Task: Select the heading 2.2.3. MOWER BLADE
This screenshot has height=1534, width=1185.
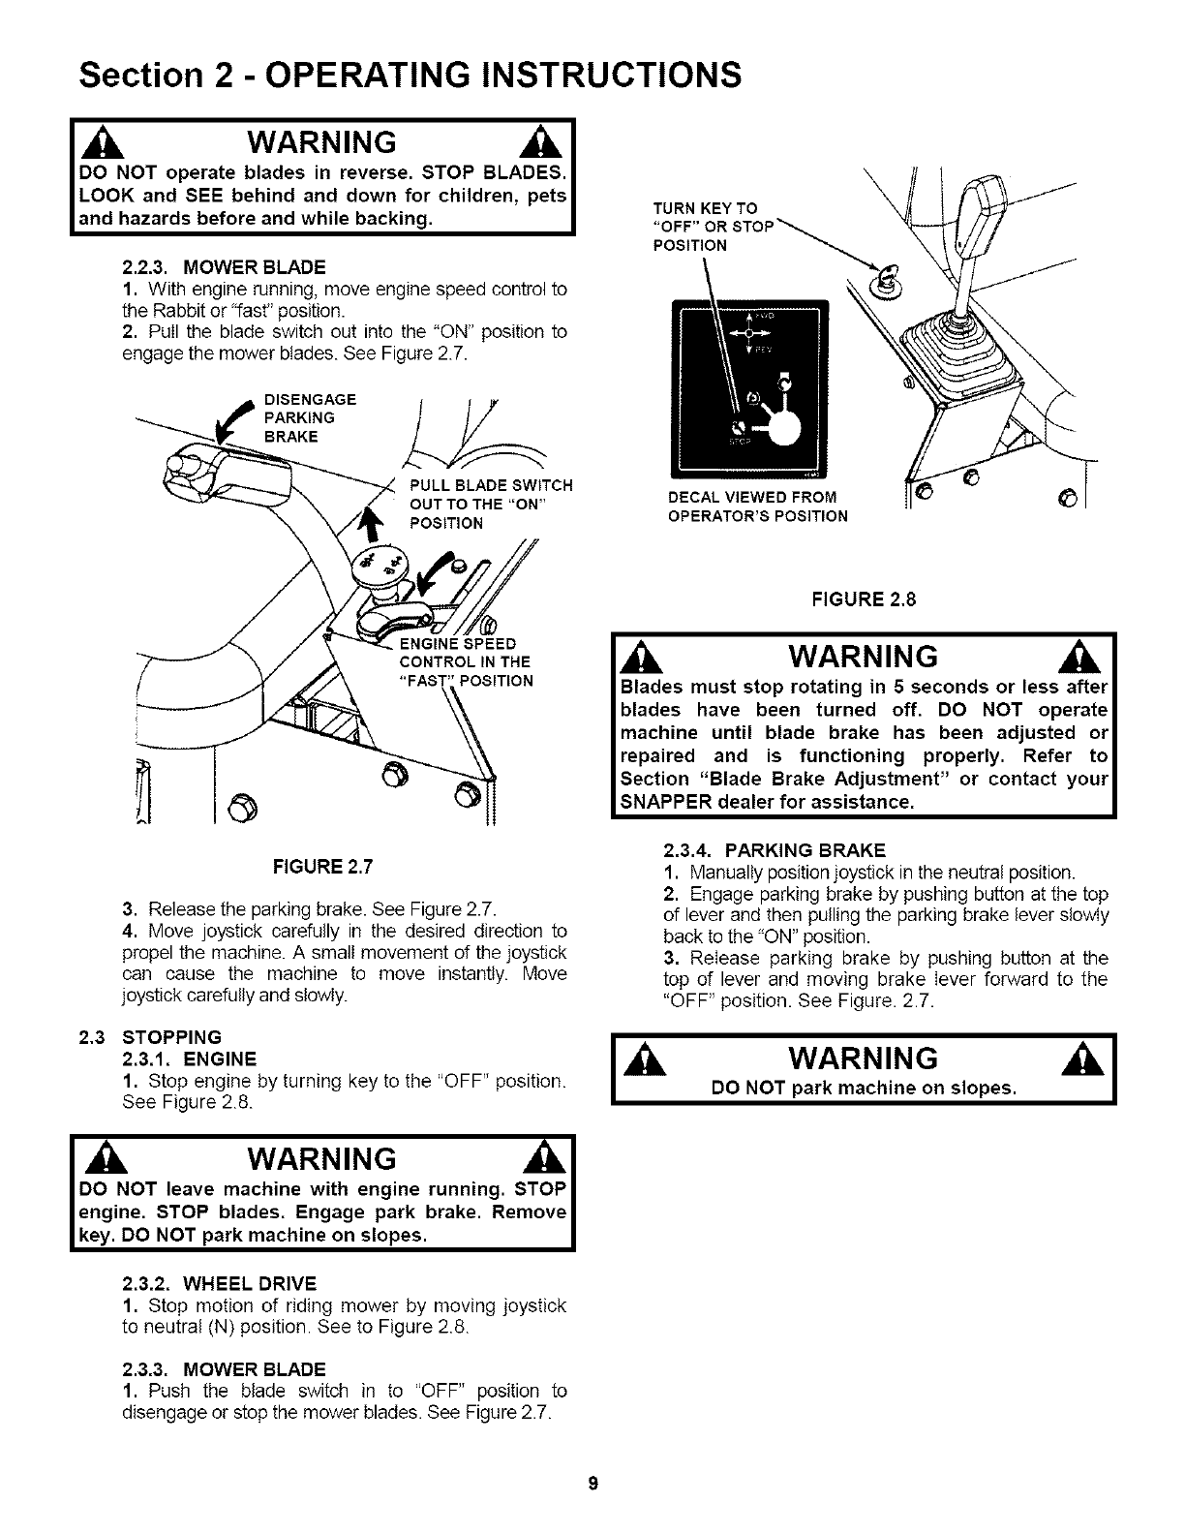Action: pyautogui.click(x=224, y=266)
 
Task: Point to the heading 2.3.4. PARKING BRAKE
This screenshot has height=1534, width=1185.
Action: pyautogui.click(x=774, y=850)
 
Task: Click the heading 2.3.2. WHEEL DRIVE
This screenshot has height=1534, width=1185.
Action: pyautogui.click(x=220, y=1284)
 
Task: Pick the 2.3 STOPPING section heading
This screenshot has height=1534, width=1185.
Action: pyautogui.click(x=150, y=1037)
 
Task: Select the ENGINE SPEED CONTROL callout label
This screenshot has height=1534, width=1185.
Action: pyautogui.click(x=465, y=662)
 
